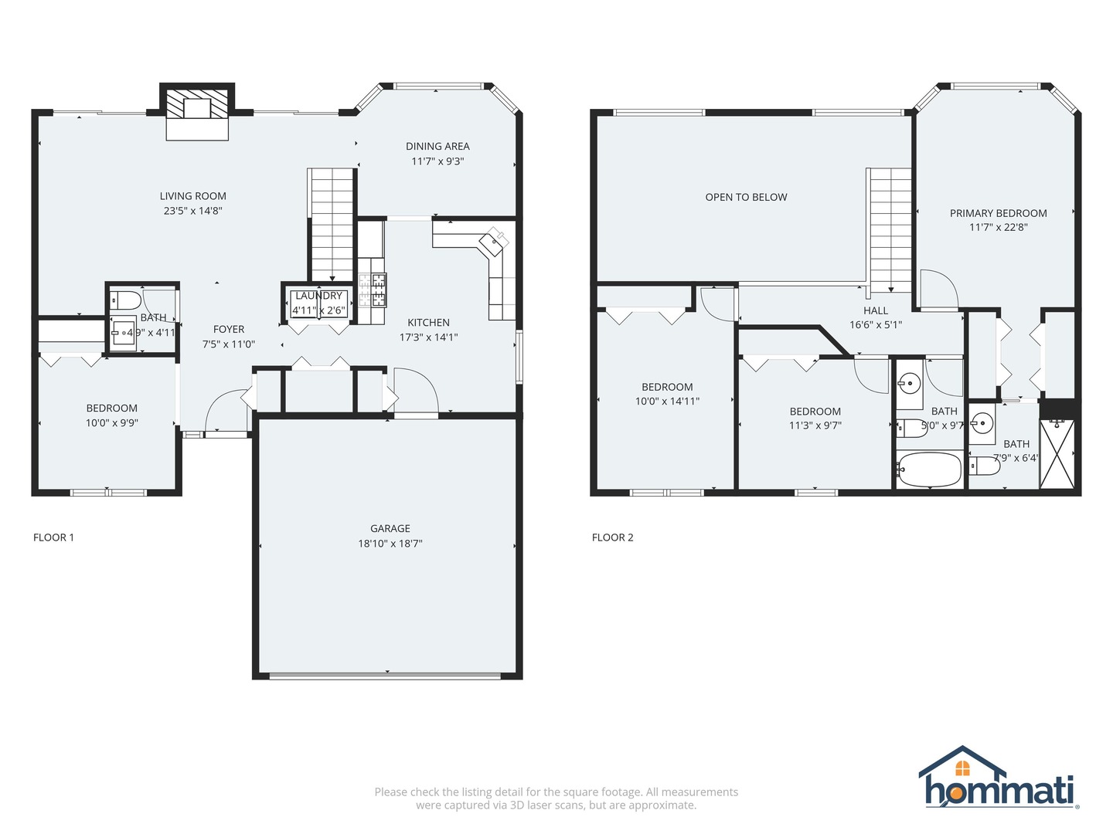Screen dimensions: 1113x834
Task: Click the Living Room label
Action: tap(192, 196)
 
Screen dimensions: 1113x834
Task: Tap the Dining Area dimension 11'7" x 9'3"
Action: tap(437, 161)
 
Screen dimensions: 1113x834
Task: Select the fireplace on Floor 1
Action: tap(197, 112)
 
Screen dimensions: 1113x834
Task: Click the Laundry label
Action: tap(318, 296)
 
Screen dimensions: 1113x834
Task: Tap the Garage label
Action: tap(390, 529)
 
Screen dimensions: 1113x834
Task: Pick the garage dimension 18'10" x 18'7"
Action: tap(390, 544)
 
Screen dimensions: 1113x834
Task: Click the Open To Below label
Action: tap(746, 198)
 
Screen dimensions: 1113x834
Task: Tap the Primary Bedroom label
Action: tap(998, 214)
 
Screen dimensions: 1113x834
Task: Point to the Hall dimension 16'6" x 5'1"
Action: tap(876, 325)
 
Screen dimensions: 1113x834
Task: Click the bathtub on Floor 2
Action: tap(929, 470)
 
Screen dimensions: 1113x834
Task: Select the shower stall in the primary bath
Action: tap(1057, 454)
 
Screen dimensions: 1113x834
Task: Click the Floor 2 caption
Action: tap(612, 537)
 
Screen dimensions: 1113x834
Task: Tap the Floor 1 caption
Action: tap(53, 537)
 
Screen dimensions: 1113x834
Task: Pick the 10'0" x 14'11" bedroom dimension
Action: tap(667, 402)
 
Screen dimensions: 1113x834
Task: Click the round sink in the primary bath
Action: tap(982, 422)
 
